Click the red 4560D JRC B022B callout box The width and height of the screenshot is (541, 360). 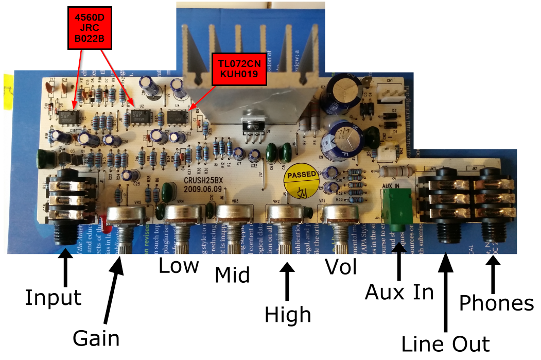tap(90, 29)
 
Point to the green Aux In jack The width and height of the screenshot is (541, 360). tap(397, 209)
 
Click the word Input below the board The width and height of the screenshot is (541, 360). tap(53, 297)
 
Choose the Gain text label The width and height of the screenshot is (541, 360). tap(96, 338)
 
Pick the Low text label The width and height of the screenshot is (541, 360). tap(178, 266)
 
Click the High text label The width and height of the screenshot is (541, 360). tap(288, 314)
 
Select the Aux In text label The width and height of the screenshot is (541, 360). tap(399, 292)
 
